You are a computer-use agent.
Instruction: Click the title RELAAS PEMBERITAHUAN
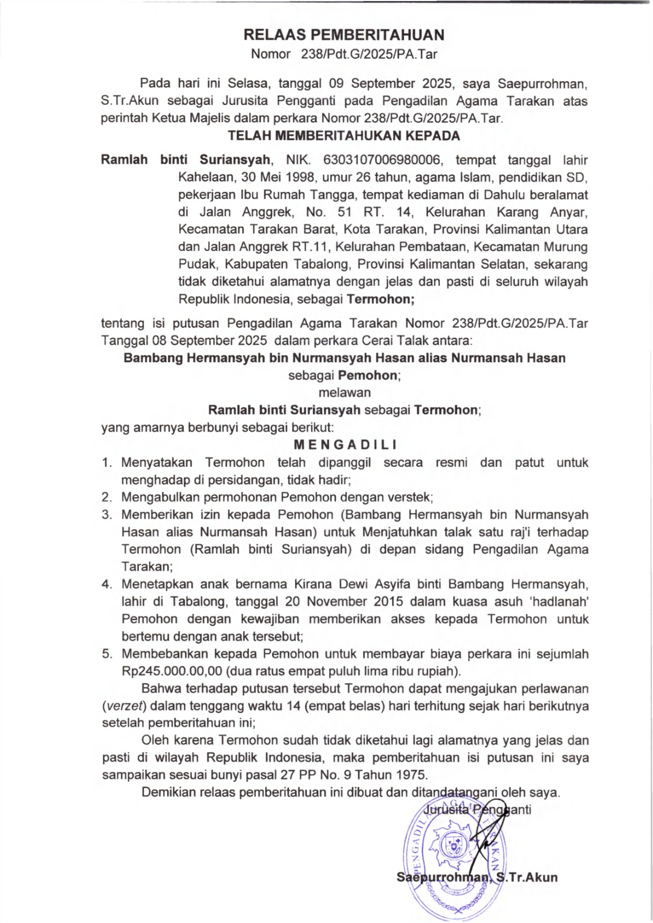[x=344, y=35]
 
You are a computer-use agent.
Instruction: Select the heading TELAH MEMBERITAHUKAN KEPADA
[x=344, y=136]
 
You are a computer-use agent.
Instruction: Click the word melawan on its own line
[x=345, y=393]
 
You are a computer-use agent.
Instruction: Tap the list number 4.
[x=107, y=584]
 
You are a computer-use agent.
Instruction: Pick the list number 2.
[x=107, y=497]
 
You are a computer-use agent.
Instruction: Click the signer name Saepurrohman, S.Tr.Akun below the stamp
[x=477, y=877]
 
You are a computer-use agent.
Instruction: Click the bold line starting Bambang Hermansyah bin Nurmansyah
[x=344, y=358]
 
